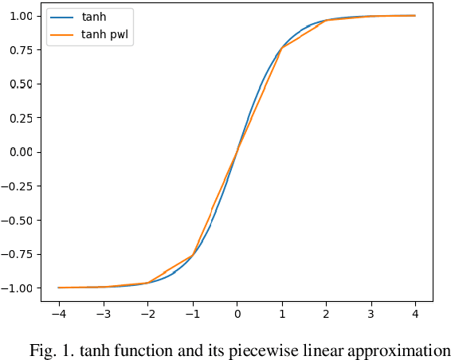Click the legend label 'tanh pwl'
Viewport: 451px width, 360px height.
105,35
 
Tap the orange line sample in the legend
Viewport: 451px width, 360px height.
63,35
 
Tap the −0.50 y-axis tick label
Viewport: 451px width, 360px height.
18,220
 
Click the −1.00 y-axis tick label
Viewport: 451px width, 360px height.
18,288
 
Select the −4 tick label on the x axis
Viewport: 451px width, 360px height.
58,314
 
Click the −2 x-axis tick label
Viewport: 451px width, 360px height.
147,314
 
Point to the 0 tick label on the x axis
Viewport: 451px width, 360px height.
237,314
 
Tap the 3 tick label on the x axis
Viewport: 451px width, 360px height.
370,314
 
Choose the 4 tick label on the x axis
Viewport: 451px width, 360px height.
414,314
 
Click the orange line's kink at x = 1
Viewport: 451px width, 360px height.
281,49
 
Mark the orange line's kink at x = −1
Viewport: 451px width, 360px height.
192,255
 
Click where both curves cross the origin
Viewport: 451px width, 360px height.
237,151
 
